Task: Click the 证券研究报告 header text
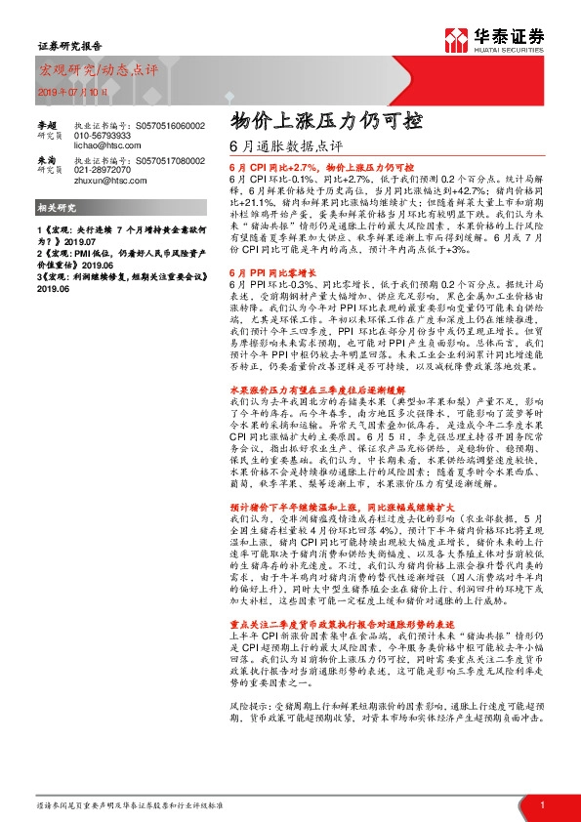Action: (x=63, y=45)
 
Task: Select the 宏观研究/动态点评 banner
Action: (x=85, y=70)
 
